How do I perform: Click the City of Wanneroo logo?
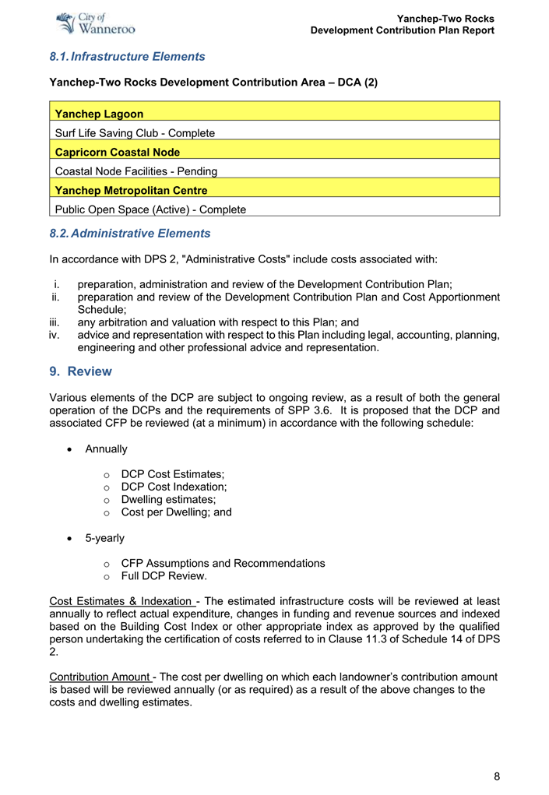(97, 23)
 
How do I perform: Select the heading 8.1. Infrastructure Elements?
(127, 57)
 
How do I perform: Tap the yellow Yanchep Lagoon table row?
(274, 114)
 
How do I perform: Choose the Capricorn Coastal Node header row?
(274, 152)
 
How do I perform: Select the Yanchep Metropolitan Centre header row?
(274, 190)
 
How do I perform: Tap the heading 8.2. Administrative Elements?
(129, 234)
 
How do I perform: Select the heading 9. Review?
(80, 371)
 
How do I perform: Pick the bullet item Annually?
(107, 449)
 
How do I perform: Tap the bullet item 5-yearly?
(104, 538)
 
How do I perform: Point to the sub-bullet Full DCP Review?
(164, 576)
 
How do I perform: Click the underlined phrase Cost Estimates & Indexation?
(121, 601)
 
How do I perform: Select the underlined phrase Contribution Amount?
(100, 677)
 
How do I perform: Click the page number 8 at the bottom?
(496, 776)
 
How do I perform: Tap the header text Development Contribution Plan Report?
(402, 30)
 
